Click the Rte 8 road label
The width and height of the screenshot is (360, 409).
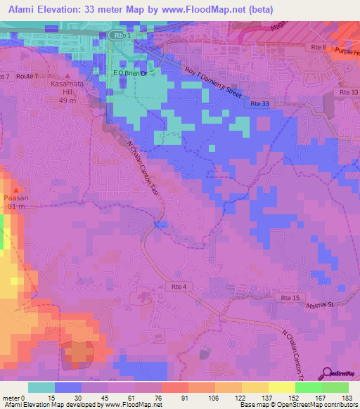(319, 46)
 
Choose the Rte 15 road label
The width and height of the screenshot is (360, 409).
(300, 299)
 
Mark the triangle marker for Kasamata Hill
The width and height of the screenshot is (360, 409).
(67, 76)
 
